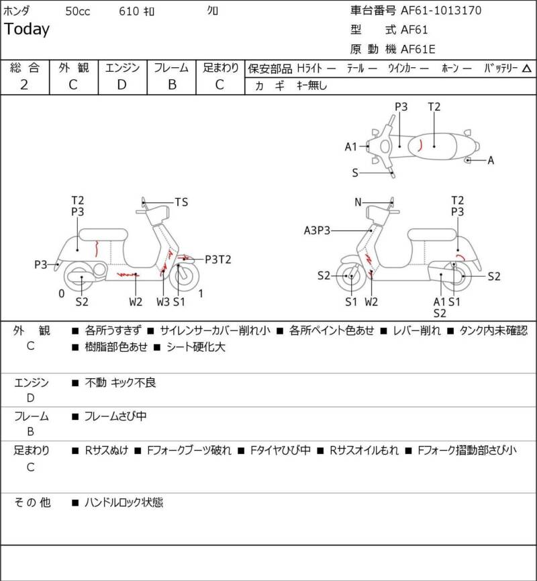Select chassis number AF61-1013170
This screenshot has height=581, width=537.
(440, 11)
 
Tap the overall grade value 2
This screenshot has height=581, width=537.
(24, 85)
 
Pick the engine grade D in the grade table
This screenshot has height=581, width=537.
(121, 85)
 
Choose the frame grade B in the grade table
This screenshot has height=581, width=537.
(172, 85)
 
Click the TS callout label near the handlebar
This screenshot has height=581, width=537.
(181, 202)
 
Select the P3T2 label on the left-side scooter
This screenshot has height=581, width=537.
(217, 259)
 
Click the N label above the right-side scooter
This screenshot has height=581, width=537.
(358, 202)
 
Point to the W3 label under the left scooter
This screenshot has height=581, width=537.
(162, 302)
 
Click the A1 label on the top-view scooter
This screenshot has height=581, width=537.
(351, 146)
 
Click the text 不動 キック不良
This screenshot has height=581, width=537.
(121, 383)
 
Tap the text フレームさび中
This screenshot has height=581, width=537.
(115, 416)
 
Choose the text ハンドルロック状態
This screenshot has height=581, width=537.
(124, 502)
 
